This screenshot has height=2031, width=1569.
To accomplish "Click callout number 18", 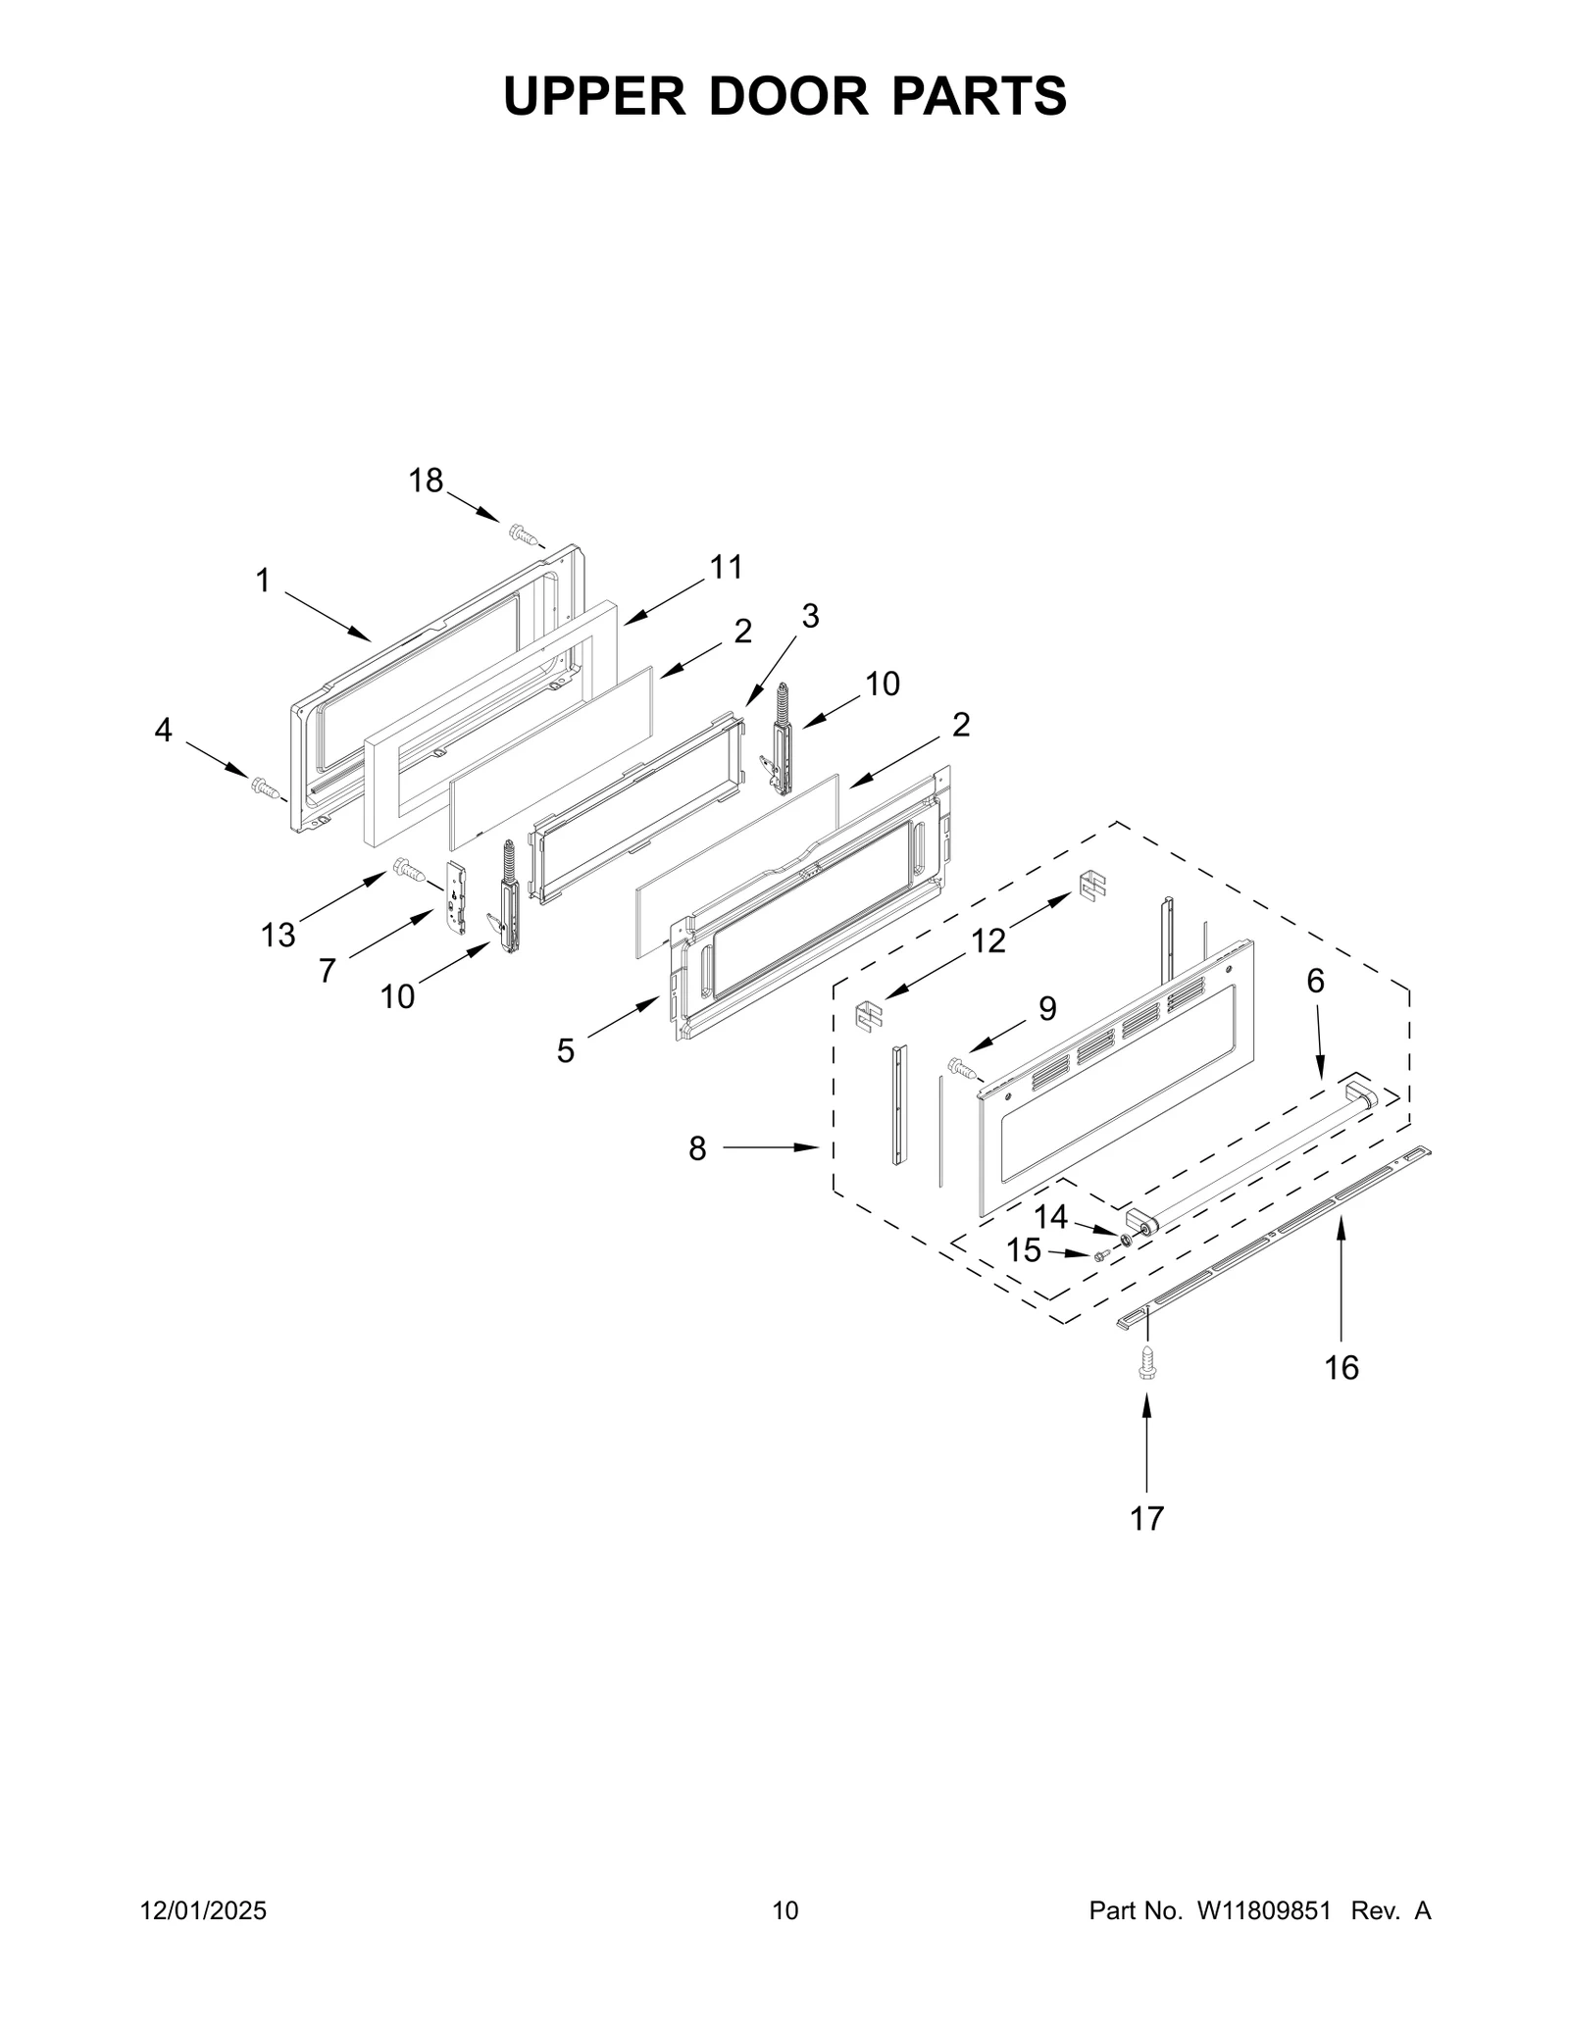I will [x=426, y=481].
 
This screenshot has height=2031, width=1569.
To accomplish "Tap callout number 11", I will [x=726, y=567].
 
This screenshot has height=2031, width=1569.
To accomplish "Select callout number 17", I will [x=1146, y=1519].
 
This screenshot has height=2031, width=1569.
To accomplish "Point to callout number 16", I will [x=1341, y=1367].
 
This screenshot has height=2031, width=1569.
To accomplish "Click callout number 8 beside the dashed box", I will [x=697, y=1148].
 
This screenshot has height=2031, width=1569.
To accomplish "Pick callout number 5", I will [x=566, y=1050].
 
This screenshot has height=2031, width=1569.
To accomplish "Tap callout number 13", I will [x=278, y=936].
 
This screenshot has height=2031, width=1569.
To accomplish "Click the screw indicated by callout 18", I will [x=525, y=534].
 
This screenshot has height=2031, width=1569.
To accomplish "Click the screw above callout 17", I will [x=1145, y=1363].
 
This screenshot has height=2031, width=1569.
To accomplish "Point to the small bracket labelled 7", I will [x=455, y=897].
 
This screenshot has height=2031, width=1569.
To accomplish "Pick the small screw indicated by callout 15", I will [x=1101, y=1254].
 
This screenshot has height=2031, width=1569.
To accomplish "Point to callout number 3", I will [x=809, y=617].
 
